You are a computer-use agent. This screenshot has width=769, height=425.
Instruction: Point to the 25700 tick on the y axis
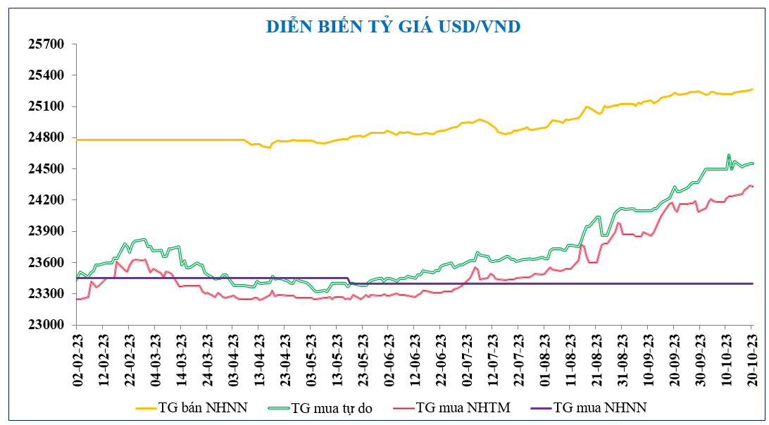46,44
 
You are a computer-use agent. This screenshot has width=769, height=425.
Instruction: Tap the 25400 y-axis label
46,75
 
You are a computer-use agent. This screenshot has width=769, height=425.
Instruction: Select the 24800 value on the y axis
46,137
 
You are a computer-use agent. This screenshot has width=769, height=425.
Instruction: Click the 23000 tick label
46,325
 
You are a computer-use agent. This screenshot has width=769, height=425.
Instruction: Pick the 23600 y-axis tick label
46,263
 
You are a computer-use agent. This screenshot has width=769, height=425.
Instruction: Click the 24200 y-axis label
46,200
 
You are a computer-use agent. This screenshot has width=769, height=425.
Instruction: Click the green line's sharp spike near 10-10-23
729,154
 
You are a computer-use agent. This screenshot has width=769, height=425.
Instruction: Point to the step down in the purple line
350,281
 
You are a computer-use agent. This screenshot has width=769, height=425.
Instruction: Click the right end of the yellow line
752,89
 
